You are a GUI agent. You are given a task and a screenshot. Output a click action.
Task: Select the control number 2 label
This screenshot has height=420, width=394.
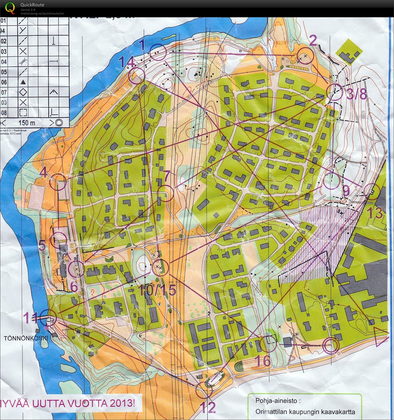(313, 41)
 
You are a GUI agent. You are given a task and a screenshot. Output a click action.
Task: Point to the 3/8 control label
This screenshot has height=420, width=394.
(356, 94)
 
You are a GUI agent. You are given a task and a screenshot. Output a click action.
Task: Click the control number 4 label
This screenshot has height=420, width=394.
(44, 173)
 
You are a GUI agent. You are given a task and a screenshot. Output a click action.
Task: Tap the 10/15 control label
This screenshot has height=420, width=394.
(157, 290)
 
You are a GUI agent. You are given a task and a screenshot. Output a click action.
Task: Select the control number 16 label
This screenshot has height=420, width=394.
(263, 360)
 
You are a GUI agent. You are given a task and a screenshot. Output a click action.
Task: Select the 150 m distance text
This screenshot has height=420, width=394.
(27, 123)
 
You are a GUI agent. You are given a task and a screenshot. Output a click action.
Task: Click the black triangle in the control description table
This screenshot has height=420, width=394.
(23, 82)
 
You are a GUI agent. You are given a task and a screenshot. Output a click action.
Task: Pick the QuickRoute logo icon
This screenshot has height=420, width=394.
(10, 8)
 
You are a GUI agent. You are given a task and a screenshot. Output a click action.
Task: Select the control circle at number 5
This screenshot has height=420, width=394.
(60, 240)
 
